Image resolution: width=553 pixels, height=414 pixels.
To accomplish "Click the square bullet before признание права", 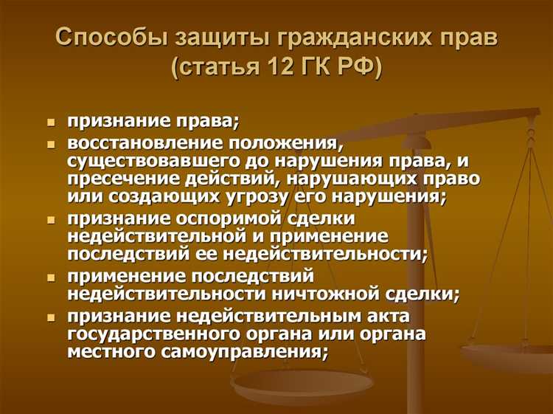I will (51, 122).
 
